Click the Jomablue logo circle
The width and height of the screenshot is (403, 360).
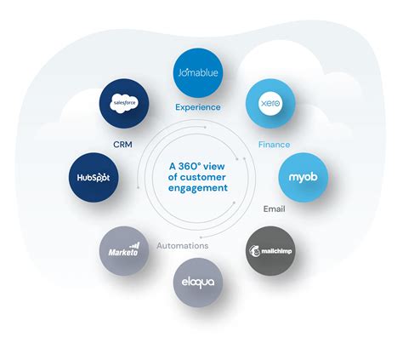[197, 72]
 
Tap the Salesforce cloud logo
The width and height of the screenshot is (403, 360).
[124, 103]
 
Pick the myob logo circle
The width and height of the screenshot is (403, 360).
[303, 175]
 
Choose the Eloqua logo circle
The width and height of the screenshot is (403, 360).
[197, 280]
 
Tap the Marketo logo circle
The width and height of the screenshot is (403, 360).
[124, 250]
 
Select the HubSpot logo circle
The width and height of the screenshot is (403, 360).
[92, 176]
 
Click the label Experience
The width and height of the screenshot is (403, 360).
[197, 107]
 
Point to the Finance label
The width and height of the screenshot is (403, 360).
[275, 145]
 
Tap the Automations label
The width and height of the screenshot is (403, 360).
[182, 245]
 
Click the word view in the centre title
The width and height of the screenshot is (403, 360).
[222, 166]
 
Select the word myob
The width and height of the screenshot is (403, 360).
[303, 176]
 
